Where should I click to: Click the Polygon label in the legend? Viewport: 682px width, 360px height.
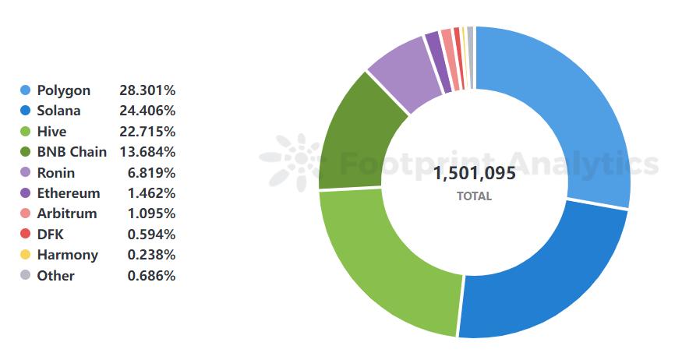click(x=63, y=90)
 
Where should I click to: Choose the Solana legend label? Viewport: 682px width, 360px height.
click(x=58, y=111)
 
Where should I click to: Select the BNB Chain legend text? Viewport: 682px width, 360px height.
click(x=72, y=152)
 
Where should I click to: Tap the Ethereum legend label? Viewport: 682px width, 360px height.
click(x=68, y=193)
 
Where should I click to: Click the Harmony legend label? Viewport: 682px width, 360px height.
click(x=67, y=255)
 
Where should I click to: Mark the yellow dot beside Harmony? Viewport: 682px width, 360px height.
click(x=25, y=255)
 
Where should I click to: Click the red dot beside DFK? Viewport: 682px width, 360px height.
click(x=25, y=235)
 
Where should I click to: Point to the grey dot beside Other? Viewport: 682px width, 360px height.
click(x=25, y=275)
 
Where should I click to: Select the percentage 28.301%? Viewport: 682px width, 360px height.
click(x=147, y=90)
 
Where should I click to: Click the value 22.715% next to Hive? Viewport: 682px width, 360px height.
click(x=147, y=132)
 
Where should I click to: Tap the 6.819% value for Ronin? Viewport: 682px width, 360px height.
click(x=151, y=173)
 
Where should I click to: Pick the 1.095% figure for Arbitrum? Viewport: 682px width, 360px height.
click(x=151, y=214)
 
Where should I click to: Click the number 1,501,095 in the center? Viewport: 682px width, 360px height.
click(x=474, y=173)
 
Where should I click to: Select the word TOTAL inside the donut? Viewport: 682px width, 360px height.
click(x=474, y=196)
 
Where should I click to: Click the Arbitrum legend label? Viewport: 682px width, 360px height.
click(x=67, y=214)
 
